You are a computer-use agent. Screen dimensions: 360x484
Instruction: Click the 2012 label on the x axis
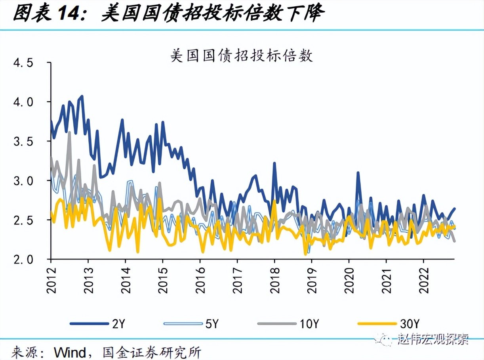51,279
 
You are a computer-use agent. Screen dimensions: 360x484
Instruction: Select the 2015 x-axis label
163,279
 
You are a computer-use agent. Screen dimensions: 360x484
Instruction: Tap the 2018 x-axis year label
274,279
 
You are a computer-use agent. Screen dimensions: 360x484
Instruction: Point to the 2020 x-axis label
349,279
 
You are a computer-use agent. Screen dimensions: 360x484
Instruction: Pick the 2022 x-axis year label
423,279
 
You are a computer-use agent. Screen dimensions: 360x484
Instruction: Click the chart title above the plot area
242,56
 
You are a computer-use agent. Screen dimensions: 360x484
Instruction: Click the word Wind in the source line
70,352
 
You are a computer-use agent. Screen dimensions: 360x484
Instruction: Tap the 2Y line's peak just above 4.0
82,96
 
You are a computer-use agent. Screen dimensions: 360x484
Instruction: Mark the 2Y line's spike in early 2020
358,172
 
